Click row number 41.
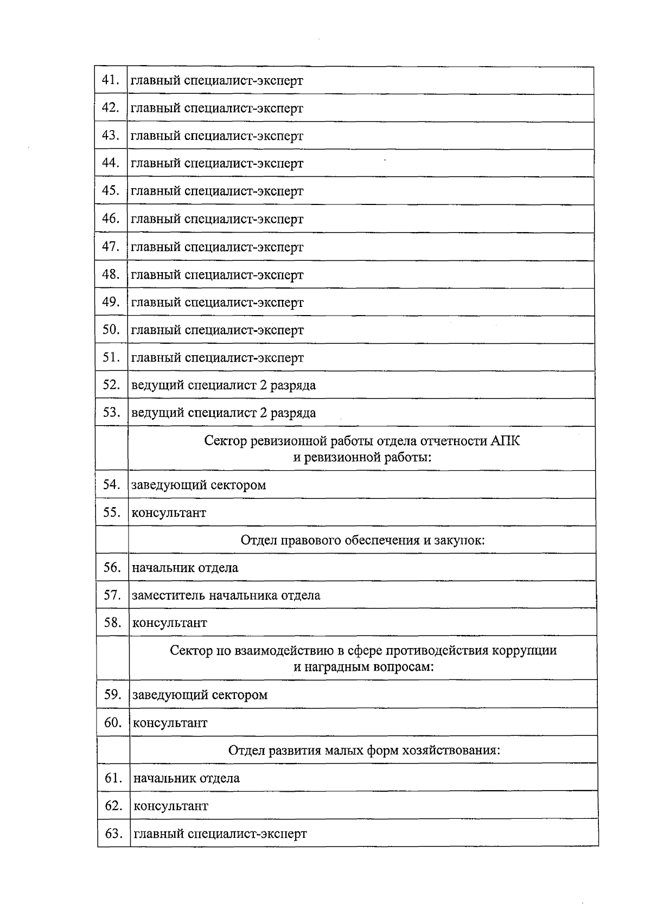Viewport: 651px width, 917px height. click(110, 80)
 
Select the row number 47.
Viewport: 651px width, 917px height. click(111, 247)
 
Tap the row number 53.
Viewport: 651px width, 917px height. click(111, 413)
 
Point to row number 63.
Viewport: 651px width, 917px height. click(113, 833)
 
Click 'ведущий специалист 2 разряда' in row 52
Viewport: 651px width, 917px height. click(224, 386)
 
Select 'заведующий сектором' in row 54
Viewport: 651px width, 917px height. click(199, 485)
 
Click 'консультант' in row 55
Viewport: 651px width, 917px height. click(169, 512)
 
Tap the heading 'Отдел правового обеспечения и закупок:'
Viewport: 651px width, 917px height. click(362, 540)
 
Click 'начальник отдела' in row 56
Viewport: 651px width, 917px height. click(185, 568)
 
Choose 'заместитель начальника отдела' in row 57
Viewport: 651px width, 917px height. click(226, 595)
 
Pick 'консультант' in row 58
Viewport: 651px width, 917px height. click(170, 623)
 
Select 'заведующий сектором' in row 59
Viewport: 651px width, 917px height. click(200, 695)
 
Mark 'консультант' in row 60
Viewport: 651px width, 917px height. click(170, 723)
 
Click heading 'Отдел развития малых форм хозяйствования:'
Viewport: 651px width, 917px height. click(364, 751)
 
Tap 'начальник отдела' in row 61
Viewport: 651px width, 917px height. click(187, 778)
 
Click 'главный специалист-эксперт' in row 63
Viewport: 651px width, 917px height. click(220, 833)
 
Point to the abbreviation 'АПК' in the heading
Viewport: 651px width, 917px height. click(505, 441)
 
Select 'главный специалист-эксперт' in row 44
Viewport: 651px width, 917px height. click(217, 163)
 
